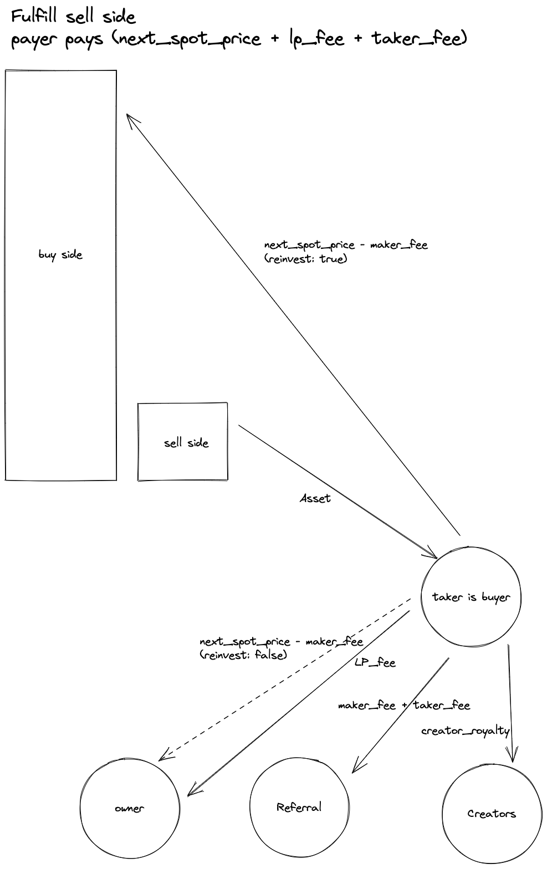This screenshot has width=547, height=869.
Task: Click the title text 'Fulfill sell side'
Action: coord(73,16)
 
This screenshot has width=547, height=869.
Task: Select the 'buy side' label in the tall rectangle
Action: coord(60,255)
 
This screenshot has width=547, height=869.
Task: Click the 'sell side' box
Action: coord(183,442)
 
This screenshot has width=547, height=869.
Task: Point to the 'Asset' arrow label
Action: coord(315,498)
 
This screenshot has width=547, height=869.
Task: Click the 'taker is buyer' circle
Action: coord(471,597)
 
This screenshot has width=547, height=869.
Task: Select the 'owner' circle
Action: coord(129,809)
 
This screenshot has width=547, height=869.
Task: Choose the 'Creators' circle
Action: coord(492,814)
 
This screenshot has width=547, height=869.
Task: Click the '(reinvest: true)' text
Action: coord(306,258)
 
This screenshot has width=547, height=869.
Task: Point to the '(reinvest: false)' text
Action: coord(244,655)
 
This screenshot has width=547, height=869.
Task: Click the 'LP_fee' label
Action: coord(375,662)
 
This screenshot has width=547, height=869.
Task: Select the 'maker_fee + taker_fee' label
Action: coord(404,705)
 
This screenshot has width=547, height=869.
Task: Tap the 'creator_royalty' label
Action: coord(465,731)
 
